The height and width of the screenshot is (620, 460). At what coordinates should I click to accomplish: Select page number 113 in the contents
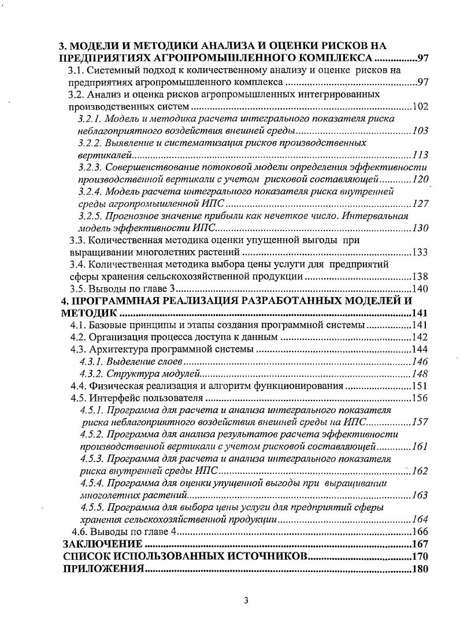[x=420, y=155]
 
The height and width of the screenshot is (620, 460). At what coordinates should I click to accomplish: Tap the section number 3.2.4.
[x=91, y=192]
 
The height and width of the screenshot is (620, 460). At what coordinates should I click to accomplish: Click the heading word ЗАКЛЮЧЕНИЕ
[x=102, y=544]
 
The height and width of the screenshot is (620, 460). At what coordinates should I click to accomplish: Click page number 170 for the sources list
[x=420, y=556]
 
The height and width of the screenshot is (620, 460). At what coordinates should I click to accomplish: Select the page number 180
[x=420, y=569]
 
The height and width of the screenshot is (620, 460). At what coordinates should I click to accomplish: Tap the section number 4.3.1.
[x=90, y=362]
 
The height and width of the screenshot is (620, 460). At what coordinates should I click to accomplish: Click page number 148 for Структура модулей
[x=420, y=374]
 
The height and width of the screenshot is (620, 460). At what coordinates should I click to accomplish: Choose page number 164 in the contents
[x=420, y=519]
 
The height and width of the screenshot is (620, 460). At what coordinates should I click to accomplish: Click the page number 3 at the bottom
[x=246, y=600]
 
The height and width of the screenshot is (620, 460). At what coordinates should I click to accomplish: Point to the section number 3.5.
[x=77, y=289]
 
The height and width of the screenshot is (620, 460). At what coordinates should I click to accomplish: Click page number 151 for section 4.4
[x=420, y=386]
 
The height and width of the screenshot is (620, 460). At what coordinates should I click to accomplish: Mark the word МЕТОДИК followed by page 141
[x=89, y=313]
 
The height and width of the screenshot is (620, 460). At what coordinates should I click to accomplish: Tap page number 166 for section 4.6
[x=420, y=532]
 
